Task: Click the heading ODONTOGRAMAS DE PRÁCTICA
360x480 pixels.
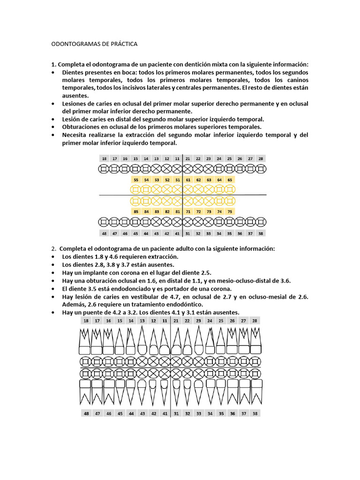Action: point(94,44)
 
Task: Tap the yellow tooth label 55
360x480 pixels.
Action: point(136,180)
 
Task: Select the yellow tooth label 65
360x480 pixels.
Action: point(229,180)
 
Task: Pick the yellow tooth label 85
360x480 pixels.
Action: point(136,211)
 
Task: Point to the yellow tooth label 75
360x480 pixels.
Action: point(229,211)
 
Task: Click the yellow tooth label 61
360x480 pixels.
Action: point(187,180)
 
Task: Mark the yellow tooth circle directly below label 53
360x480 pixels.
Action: point(157,189)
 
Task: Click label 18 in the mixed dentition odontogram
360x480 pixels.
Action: point(104,159)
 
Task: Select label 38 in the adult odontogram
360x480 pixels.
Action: point(255,413)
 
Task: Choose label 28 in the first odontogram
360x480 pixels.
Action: point(261,159)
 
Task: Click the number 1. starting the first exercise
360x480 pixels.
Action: point(54,64)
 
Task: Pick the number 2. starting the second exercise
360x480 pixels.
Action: point(54,248)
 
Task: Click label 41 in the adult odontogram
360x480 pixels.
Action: point(165,413)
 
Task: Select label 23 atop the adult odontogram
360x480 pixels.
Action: point(198,321)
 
